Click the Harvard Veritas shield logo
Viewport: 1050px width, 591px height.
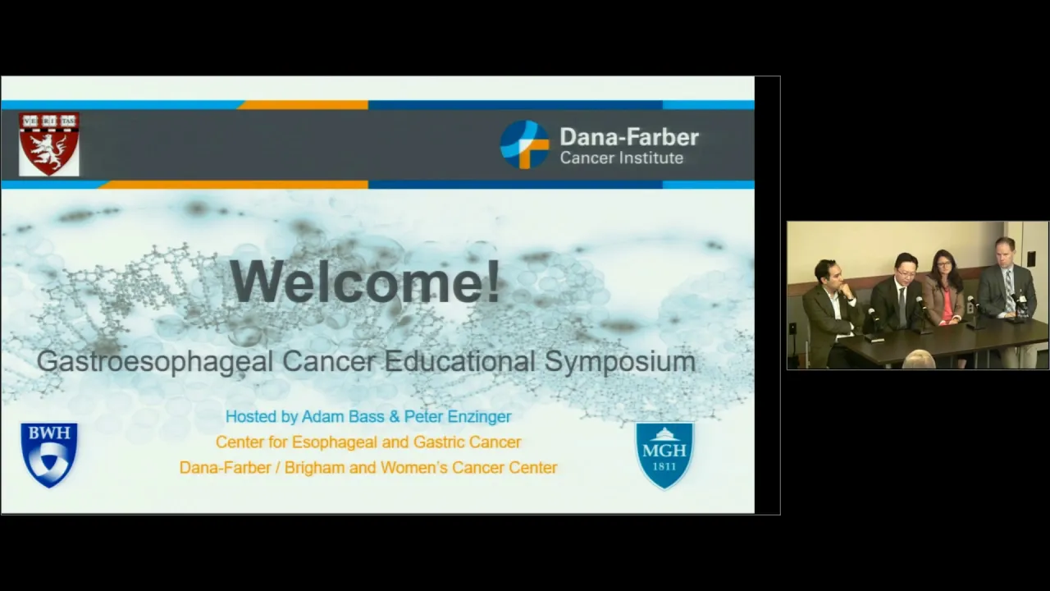click(x=48, y=144)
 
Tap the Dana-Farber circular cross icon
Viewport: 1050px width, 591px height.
click(x=524, y=144)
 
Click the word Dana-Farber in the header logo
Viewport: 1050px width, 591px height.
click(x=629, y=137)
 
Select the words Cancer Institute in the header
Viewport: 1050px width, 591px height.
click(x=622, y=158)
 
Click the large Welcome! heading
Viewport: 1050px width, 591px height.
click(x=365, y=282)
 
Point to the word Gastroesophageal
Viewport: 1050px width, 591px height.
click(x=155, y=362)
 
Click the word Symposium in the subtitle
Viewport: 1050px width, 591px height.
click(x=619, y=362)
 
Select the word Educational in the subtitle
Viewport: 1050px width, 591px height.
click(x=459, y=361)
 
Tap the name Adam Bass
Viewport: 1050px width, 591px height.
click(x=343, y=416)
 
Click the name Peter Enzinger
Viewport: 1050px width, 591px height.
click(x=458, y=416)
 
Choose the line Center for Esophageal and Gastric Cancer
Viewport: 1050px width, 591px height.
click(x=368, y=442)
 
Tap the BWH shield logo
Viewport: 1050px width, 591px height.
click(x=49, y=455)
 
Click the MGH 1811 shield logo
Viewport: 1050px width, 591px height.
click(x=664, y=456)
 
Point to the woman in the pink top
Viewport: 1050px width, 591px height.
click(x=944, y=291)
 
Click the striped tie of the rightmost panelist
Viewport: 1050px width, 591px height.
click(x=1008, y=291)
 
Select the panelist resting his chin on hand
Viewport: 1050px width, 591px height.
click(x=831, y=312)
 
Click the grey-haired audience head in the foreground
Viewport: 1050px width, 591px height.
click(x=919, y=360)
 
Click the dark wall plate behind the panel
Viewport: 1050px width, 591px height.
click(x=1031, y=257)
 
